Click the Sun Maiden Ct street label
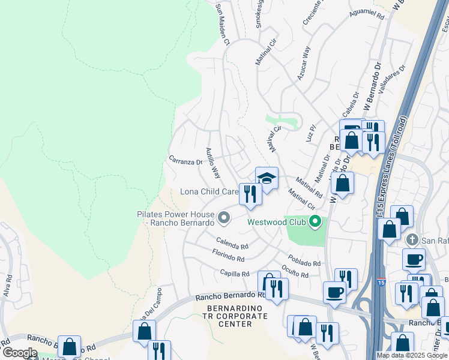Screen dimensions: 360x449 click(x=223, y=25)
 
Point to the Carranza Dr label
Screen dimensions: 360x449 click(x=185, y=161)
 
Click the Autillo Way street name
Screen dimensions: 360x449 click(x=212, y=163)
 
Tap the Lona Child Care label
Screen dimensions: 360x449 click(x=209, y=192)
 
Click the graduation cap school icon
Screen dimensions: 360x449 click(x=267, y=178)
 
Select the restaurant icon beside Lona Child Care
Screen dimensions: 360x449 click(x=250, y=194)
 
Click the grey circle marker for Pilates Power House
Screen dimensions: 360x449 click(x=224, y=218)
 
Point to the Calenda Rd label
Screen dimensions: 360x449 click(x=232, y=246)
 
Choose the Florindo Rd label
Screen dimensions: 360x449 click(x=228, y=259)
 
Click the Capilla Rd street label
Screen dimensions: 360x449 click(x=234, y=274)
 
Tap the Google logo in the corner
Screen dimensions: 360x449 click(x=19, y=353)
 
